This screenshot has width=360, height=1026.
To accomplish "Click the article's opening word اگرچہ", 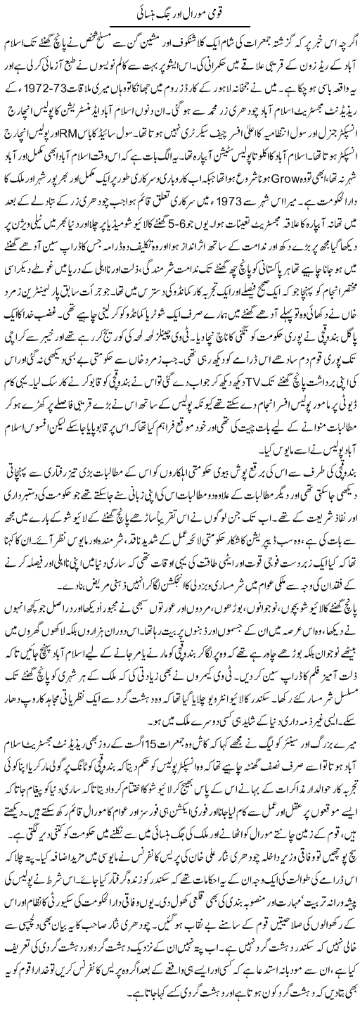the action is point(340,37).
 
